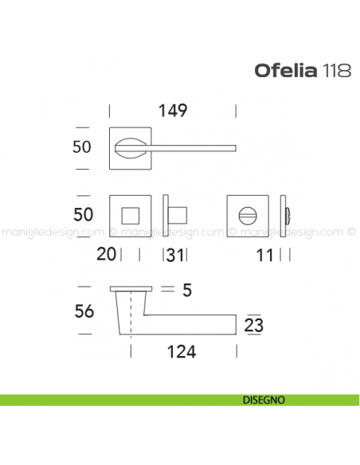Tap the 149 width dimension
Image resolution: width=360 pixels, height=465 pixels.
click(173, 111)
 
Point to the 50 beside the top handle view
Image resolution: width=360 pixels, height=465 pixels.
click(82, 147)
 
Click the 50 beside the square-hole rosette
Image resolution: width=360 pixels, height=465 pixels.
click(82, 214)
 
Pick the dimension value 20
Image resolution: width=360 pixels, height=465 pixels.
click(106, 255)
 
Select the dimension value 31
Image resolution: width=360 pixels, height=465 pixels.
click(177, 255)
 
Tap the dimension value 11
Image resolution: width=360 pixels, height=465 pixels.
click(266, 255)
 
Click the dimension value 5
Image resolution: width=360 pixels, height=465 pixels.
click(186, 291)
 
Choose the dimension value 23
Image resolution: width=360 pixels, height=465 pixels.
click(255, 325)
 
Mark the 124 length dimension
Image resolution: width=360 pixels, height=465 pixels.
click(181, 350)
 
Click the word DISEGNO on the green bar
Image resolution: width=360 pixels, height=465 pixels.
click(260, 400)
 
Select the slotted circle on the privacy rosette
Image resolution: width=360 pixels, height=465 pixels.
click(249, 213)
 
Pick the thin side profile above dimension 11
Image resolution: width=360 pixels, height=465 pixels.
click(288, 213)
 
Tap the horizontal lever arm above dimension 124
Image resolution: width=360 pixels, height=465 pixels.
click(191, 323)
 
